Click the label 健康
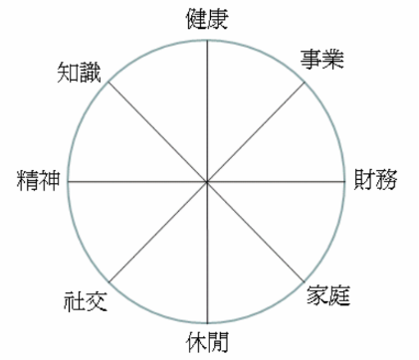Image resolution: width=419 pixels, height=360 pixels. point(207,17)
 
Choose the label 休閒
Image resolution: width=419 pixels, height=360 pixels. point(207,343)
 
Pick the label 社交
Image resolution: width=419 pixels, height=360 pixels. point(85,297)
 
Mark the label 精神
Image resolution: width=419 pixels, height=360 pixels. point(39,181)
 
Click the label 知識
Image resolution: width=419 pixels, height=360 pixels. point(80,72)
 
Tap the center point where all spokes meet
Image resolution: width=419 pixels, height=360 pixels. point(207,182)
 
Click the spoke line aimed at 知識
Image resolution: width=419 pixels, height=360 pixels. point(157,131)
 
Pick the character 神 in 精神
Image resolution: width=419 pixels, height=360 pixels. point(50,181)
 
